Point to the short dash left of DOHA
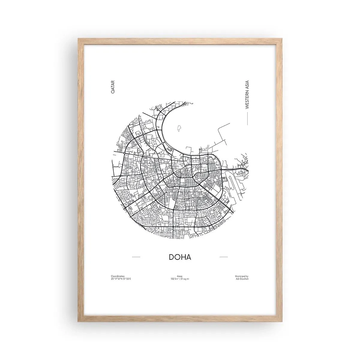click(x=136, y=257)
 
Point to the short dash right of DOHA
click(x=223, y=257)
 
